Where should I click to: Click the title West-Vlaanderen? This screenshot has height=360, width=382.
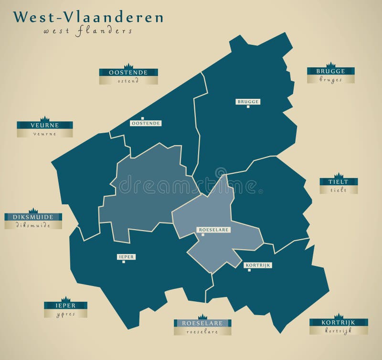(88, 17)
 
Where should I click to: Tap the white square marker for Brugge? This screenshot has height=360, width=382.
(248, 106)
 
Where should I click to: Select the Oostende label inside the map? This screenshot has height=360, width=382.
(146, 123)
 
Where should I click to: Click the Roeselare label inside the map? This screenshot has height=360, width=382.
(214, 230)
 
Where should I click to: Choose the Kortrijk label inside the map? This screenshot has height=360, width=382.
(257, 265)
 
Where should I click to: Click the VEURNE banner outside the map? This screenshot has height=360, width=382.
(44, 125)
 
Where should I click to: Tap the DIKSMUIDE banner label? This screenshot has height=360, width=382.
(33, 217)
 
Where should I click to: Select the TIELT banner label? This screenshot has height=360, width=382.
(338, 182)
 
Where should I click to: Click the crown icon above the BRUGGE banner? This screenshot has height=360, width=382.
(330, 65)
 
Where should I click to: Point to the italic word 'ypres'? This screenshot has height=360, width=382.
(65, 314)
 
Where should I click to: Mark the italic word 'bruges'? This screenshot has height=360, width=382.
(330, 80)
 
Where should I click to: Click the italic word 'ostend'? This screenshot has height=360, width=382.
(128, 81)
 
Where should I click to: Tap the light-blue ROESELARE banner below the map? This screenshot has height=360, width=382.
(202, 323)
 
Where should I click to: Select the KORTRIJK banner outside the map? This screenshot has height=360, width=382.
(338, 323)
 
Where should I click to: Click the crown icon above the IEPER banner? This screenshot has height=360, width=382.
(65, 299)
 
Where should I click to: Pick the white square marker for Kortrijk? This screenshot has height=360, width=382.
(249, 270)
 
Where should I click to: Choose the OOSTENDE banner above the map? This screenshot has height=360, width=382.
(128, 73)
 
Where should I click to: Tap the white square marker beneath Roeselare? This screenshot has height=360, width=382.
(203, 235)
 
